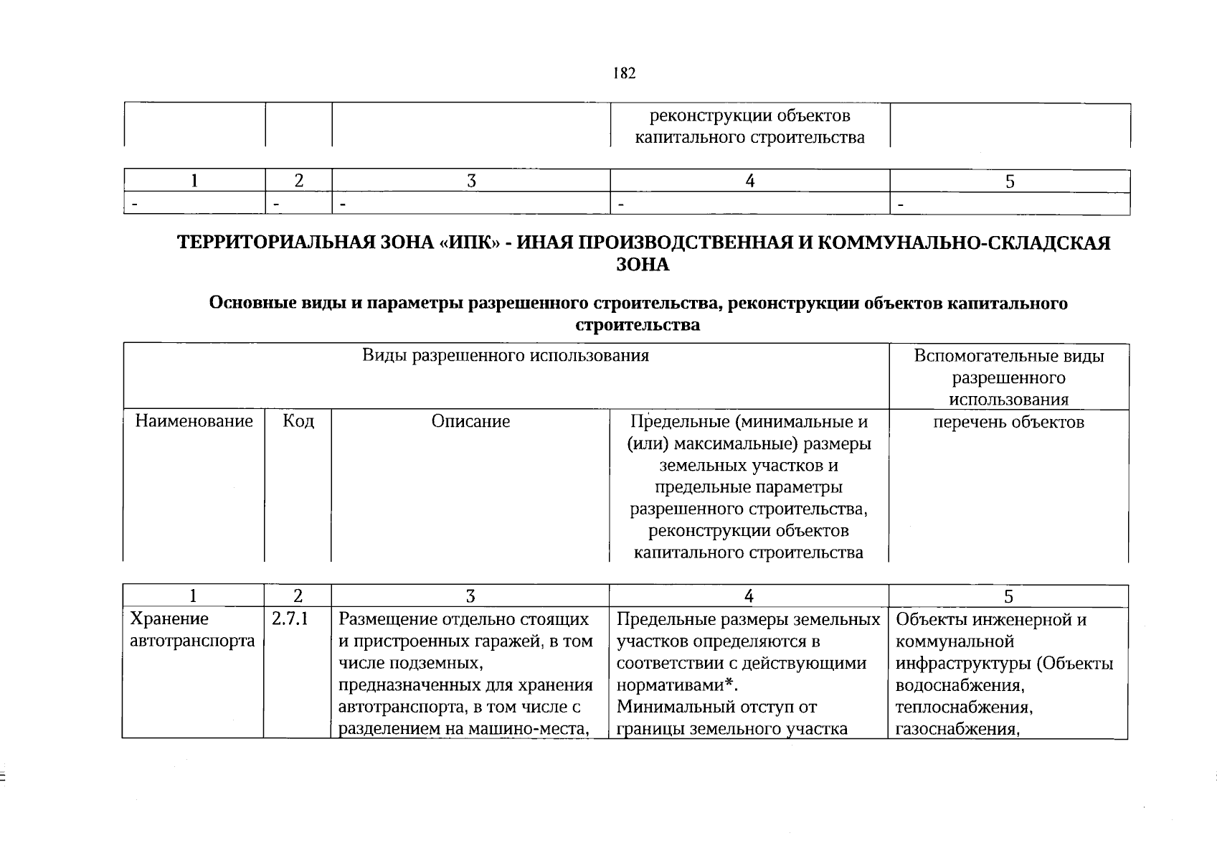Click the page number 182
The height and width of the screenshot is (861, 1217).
point(624,74)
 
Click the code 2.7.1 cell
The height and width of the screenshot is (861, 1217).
point(290,618)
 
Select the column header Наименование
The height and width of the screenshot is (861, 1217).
point(194,421)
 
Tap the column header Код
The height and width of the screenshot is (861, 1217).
point(298,420)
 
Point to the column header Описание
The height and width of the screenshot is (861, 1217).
point(470,421)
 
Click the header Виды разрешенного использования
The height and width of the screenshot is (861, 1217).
point(505,356)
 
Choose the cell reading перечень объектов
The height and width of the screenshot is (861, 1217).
point(1008,422)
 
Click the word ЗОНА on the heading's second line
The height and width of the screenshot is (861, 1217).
point(643,265)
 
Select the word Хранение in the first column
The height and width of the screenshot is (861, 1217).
point(169,618)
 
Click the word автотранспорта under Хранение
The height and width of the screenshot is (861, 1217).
point(192,641)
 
